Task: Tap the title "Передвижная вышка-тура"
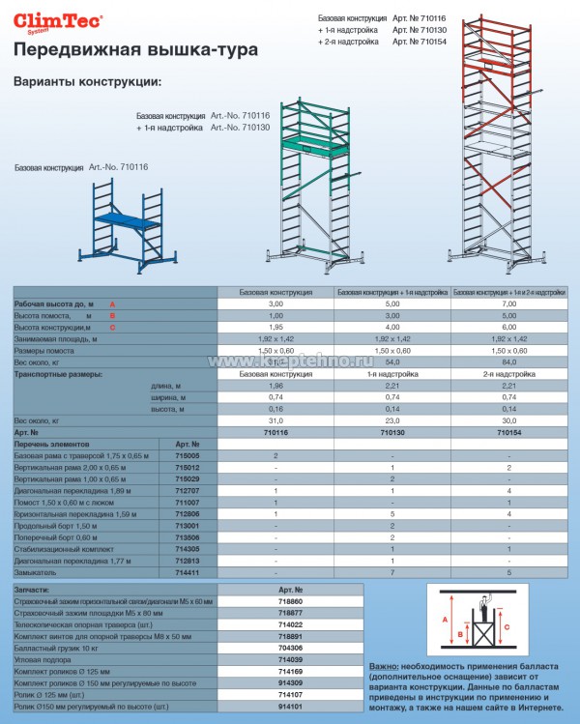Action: tap(135, 49)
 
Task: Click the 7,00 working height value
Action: tap(509, 304)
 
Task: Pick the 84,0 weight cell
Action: tap(509, 362)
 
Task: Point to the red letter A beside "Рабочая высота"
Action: tap(111, 304)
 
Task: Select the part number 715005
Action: tap(188, 454)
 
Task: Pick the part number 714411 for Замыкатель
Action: tap(188, 572)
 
